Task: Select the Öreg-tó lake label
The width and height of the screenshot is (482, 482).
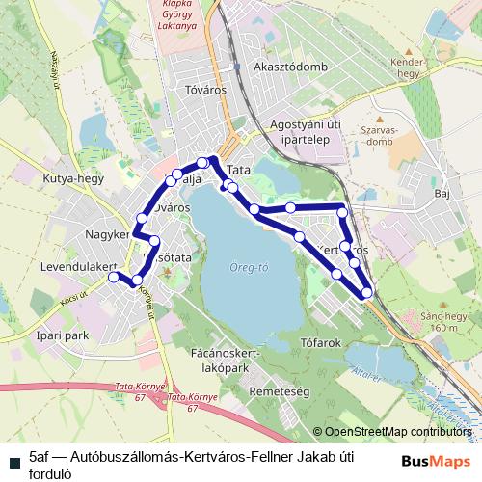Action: coord(249,267)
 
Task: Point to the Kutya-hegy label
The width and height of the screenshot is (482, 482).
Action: coord(66,179)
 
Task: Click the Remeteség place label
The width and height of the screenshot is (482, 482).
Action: coord(278,393)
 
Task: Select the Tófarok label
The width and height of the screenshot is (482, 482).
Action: coord(321,342)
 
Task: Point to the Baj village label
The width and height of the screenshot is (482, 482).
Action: coord(442,194)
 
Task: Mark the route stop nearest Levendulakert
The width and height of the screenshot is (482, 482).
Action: coord(113,277)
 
